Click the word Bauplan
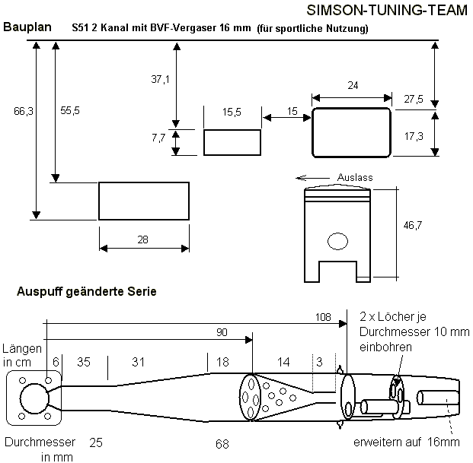(27, 27)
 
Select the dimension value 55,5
(70, 111)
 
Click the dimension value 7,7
(159, 138)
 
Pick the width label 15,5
(232, 112)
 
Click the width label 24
(353, 86)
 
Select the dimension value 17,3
(414, 136)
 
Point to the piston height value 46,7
(413, 226)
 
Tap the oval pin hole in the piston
(337, 242)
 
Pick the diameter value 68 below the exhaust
(222, 442)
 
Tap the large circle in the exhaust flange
(33, 397)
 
